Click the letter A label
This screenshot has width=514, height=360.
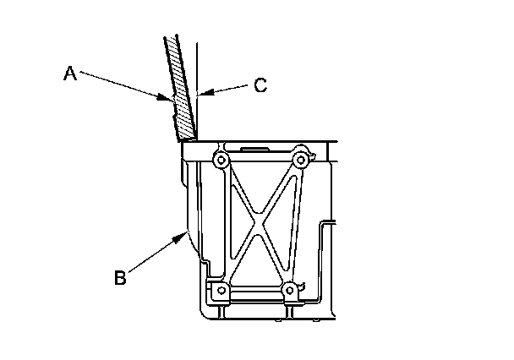point(71,74)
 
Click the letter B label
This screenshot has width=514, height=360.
point(121,276)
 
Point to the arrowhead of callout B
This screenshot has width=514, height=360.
point(186,234)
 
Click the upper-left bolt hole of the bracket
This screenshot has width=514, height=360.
point(221,161)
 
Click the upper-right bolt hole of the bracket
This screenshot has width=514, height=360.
point(299,161)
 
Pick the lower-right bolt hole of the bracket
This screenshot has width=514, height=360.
point(290,291)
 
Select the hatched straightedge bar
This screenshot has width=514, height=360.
point(179,85)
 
